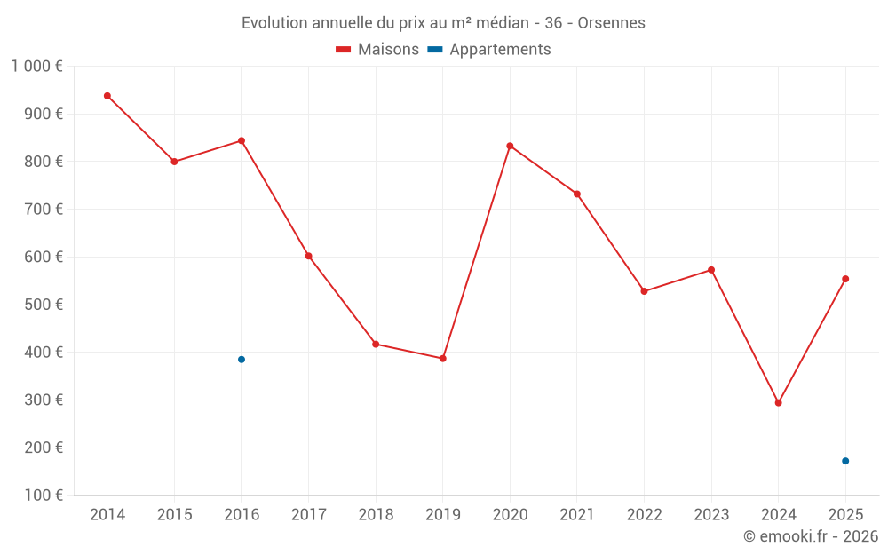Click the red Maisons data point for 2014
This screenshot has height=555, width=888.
pos(107,96)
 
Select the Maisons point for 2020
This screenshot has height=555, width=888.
pos(510,146)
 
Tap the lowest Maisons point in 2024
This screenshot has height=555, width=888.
pos(778,402)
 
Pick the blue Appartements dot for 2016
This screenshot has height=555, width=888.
pos(242,359)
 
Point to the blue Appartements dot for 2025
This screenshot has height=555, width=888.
pos(845,461)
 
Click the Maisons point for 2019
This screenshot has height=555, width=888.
pos(443,359)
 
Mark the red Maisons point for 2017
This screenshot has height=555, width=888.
pos(309,256)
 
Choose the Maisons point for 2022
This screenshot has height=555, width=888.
pos(644,291)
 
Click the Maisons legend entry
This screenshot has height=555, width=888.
pos(377,49)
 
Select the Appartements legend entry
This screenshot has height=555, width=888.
pos(489,49)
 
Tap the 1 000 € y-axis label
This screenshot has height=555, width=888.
pos(37,67)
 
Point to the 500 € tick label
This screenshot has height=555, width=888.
pos(44,305)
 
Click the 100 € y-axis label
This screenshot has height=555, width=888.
pos(44,495)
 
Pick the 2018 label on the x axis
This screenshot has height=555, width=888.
pos(376,514)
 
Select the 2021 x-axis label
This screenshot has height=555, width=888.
pos(577,514)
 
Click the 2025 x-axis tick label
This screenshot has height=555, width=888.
pos(845,514)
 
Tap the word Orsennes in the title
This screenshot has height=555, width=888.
pos(612,23)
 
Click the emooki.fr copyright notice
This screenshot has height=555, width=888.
pos(811,535)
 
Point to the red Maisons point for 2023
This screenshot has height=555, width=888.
pos(711,270)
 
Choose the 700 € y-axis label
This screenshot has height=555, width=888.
pos(44,209)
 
